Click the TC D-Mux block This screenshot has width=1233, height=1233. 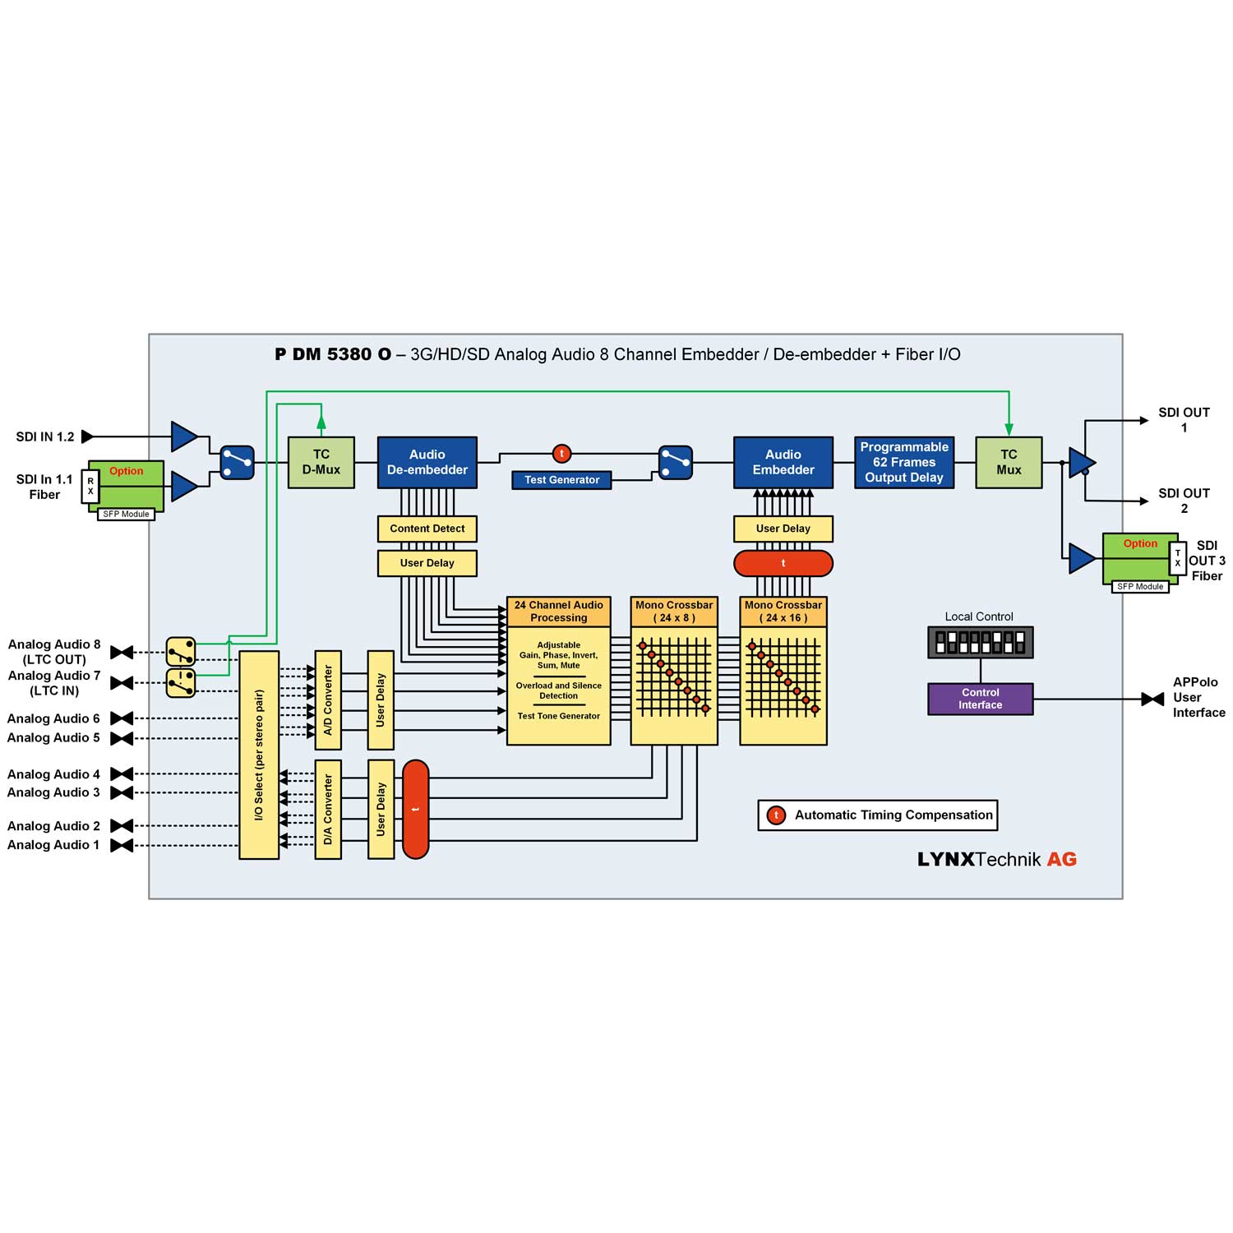[x=321, y=462]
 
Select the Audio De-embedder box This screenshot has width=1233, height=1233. [x=427, y=462]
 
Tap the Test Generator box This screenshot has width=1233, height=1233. [x=561, y=480]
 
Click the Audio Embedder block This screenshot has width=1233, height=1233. [x=783, y=462]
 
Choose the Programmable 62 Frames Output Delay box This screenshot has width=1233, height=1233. [x=903, y=462]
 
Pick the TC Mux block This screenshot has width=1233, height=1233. [x=1009, y=462]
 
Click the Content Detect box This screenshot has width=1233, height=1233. [x=427, y=529]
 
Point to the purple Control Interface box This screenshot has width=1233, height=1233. [x=980, y=699]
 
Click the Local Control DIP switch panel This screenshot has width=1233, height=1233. [x=980, y=642]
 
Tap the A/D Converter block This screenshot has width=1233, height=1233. [x=328, y=700]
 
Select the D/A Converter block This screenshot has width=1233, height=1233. [x=328, y=809]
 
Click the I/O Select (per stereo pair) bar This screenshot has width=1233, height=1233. [x=259, y=755]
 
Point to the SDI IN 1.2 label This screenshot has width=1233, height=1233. [x=45, y=436]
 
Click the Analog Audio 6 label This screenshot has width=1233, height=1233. [x=53, y=718]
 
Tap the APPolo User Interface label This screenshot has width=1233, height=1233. [x=1198, y=697]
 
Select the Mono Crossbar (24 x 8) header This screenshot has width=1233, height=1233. [x=674, y=612]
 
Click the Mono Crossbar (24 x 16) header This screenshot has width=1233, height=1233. [x=783, y=612]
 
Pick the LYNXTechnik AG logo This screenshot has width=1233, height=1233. [x=996, y=859]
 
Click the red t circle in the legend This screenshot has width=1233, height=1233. [x=775, y=815]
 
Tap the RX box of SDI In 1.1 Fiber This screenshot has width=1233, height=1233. [x=90, y=487]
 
